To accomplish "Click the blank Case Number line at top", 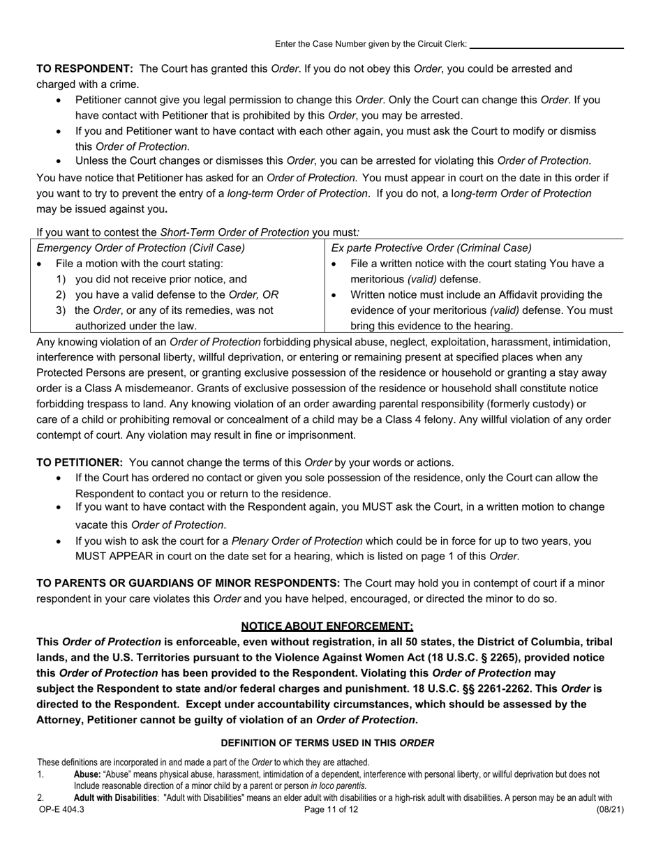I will pyautogui.click(x=547, y=45).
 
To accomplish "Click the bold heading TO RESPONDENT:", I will pyautogui.click(x=84, y=69).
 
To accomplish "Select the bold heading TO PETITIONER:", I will pyautogui.click(x=80, y=462).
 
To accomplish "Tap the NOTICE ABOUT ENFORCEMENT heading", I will pyautogui.click(x=327, y=626).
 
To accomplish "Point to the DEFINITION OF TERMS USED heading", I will pyautogui.click(x=327, y=743).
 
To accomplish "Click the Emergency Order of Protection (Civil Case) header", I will pyautogui.click(x=140, y=248).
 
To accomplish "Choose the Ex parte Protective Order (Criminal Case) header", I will pyautogui.click(x=431, y=248).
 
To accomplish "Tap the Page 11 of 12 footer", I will pyautogui.click(x=331, y=810).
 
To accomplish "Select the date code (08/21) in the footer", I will pyautogui.click(x=609, y=810).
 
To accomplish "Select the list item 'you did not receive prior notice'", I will pyautogui.click(x=161, y=279).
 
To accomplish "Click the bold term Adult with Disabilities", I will pyautogui.click(x=115, y=798).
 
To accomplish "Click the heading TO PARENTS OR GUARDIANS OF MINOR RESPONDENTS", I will pyautogui.click(x=188, y=583).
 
